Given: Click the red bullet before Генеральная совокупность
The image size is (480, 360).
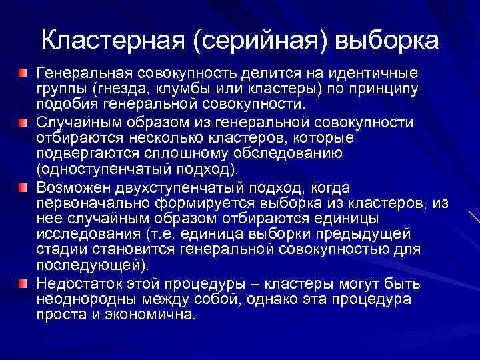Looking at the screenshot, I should pos(23,71).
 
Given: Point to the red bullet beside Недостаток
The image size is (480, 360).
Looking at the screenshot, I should pos(23,283).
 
